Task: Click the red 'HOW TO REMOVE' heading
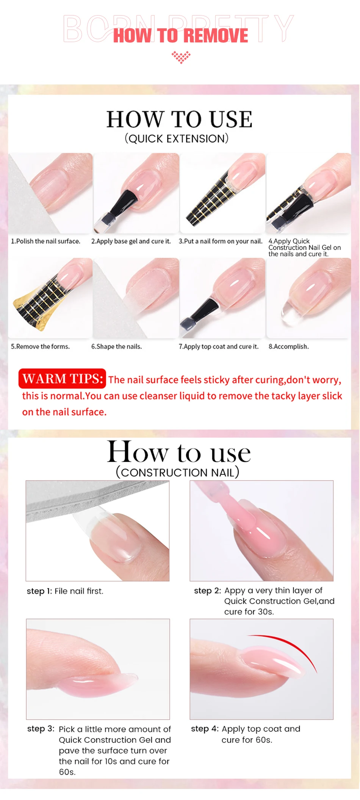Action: tap(181, 36)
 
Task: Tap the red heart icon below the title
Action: tap(181, 57)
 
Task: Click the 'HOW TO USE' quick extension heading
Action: tap(179, 119)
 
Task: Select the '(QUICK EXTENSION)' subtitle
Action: tap(177, 139)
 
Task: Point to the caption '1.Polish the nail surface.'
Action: tap(45, 241)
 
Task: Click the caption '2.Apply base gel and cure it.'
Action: tap(131, 241)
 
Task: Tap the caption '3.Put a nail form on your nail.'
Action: tap(221, 241)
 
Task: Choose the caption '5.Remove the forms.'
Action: tap(40, 347)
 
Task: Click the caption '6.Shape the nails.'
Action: tap(116, 347)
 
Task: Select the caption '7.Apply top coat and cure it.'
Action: tap(219, 347)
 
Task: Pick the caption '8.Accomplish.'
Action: tap(289, 347)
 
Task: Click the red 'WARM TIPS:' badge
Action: tap(62, 378)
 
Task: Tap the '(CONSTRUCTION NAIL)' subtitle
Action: tap(177, 472)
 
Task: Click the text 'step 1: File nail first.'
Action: tap(65, 591)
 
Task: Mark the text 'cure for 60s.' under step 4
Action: tap(247, 740)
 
